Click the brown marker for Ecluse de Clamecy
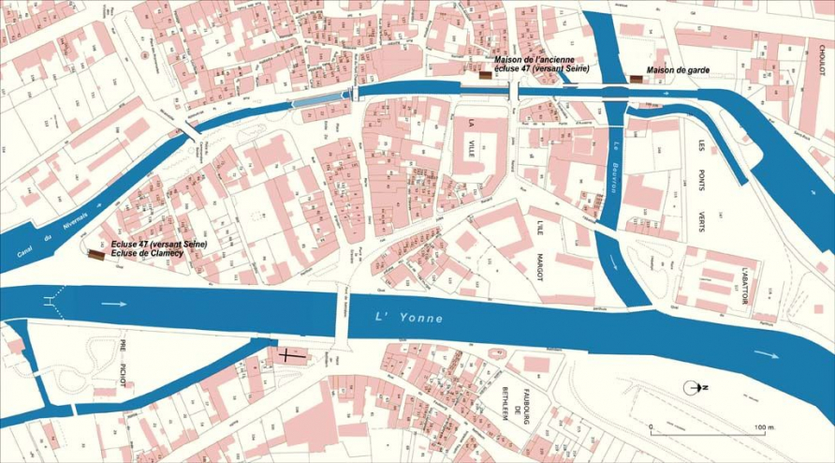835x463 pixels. pyautogui.click(x=95, y=254)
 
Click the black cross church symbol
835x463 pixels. pyautogui.click(x=286, y=356)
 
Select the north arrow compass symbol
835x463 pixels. pyautogui.click(x=695, y=387)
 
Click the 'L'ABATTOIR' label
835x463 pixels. pyautogui.click(x=746, y=278)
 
